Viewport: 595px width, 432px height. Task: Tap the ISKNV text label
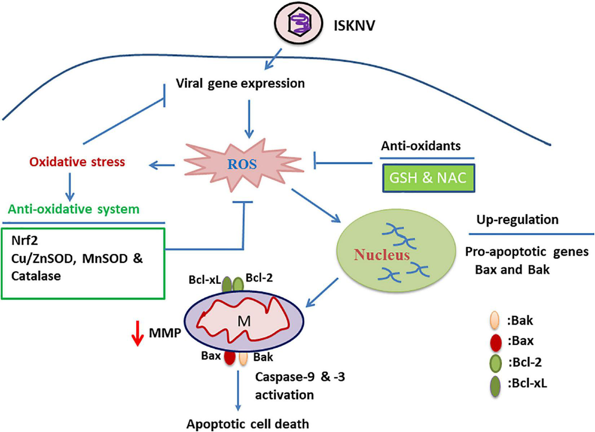click(x=354, y=26)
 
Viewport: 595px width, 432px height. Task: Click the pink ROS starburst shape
click(x=242, y=165)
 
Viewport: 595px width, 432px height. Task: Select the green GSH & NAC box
click(x=428, y=178)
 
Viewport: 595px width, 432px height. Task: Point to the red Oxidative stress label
click(x=77, y=162)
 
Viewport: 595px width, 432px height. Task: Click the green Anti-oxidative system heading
click(x=74, y=209)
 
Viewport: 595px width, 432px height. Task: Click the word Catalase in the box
click(x=36, y=276)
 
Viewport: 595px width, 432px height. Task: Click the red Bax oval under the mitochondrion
click(x=230, y=357)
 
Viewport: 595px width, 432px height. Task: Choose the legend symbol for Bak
click(x=495, y=320)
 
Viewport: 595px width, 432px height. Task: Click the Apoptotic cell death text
click(x=248, y=424)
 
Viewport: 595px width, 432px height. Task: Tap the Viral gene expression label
click(x=240, y=83)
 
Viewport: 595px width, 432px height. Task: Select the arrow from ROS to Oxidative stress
click(x=162, y=165)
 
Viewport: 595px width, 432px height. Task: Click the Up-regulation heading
click(x=517, y=219)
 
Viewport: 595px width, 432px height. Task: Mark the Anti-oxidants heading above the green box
click(x=421, y=146)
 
